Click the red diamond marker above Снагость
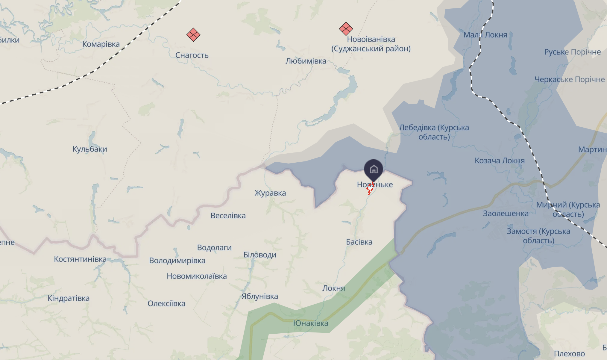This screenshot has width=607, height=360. point(193,35)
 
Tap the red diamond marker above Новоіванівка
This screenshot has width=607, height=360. point(346,29)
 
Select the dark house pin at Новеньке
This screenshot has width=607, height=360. point(373,169)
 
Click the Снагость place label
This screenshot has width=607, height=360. point(192,55)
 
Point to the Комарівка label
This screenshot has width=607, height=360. point(101,44)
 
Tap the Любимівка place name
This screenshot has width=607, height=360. point(306,61)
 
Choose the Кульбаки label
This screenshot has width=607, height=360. point(89,149)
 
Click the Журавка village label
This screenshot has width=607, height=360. point(270,193)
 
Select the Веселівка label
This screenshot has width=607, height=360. point(228,216)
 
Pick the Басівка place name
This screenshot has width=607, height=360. point(359,242)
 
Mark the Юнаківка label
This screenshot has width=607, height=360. point(311,323)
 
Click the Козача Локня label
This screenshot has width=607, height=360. point(500,161)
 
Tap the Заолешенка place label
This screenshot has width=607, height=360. point(506,214)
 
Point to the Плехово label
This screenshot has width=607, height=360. point(569,354)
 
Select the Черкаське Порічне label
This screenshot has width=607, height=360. point(570,80)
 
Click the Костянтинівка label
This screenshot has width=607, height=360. point(80,259)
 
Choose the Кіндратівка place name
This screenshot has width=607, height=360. point(69,298)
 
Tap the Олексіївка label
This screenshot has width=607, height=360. point(166,304)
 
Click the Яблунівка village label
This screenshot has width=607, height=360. point(260,297)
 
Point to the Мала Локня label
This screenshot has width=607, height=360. point(485,35)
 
